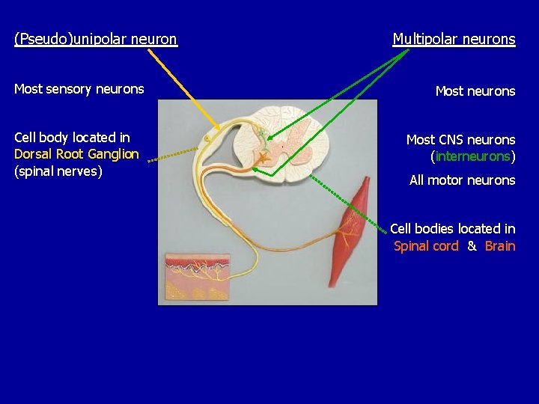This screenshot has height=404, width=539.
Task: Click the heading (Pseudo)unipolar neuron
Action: [x=96, y=39]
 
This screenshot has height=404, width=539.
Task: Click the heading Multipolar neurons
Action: [x=454, y=39]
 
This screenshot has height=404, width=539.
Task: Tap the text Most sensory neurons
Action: [x=79, y=89]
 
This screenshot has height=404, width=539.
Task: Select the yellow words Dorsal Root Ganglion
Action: [x=76, y=154]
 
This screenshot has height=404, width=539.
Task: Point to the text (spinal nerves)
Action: [x=58, y=171]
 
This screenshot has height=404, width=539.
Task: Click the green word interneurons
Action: [x=472, y=156]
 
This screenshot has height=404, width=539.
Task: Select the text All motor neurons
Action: [x=462, y=180]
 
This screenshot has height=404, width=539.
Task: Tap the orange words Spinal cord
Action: [x=426, y=246]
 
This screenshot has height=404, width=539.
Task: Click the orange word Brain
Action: [x=500, y=246]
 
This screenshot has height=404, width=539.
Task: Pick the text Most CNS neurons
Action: [x=460, y=140]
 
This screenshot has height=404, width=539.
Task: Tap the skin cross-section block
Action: [x=197, y=275]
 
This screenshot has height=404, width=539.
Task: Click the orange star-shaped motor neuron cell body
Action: [x=264, y=157]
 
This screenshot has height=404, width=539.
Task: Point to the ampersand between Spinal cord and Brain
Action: [x=472, y=246]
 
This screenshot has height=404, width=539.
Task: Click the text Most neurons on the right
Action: [x=475, y=91]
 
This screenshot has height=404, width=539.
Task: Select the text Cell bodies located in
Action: [x=452, y=229]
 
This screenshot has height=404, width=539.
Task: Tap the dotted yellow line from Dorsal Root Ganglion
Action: [x=171, y=155]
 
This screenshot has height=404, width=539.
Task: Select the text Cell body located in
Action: [x=72, y=138]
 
